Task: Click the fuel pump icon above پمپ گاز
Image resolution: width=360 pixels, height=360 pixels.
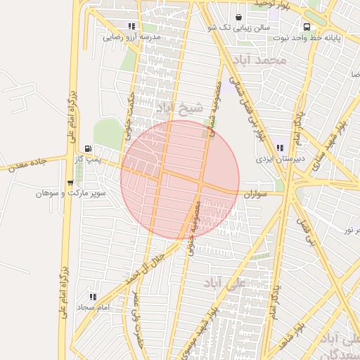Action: click(x=87, y=148)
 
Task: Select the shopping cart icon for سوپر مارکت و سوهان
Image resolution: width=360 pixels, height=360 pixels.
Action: click(x=70, y=182)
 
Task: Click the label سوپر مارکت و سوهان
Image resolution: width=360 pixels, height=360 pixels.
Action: click(x=71, y=193)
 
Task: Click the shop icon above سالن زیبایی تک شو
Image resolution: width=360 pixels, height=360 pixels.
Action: click(x=239, y=15)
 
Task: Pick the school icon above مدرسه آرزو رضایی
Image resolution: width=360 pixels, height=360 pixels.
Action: click(x=132, y=25)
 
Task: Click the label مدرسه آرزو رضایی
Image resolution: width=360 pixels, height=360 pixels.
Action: click(x=132, y=36)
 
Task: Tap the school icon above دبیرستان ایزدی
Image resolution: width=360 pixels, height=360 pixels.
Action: click(x=280, y=148)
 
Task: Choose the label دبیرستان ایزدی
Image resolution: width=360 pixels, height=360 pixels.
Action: click(x=281, y=159)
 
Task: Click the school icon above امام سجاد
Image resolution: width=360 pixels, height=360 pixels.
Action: click(x=94, y=297)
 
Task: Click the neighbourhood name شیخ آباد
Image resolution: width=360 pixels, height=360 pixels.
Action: click(x=180, y=108)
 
